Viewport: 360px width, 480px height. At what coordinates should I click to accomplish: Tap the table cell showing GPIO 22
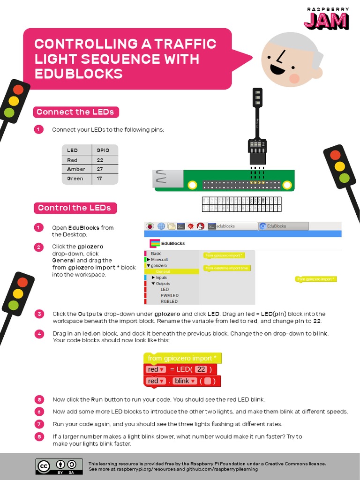(x=100, y=160)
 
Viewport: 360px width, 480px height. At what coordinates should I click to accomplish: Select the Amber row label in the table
(x=76, y=169)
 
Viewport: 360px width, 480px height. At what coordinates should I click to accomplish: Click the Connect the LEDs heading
(x=75, y=112)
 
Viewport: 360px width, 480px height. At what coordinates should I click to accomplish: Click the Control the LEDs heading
(x=75, y=208)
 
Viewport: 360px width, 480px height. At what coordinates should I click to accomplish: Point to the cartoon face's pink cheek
(x=294, y=78)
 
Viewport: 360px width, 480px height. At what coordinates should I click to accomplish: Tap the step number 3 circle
(x=39, y=314)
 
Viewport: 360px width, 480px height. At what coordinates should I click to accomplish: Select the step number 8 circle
(x=39, y=437)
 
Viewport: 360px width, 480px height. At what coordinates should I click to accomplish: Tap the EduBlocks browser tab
(x=283, y=226)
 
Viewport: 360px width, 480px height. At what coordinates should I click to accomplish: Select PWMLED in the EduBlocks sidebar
(x=169, y=295)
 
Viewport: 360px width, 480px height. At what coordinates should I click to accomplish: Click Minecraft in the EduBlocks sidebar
(x=159, y=259)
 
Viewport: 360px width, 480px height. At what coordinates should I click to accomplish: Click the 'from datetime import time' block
(x=226, y=268)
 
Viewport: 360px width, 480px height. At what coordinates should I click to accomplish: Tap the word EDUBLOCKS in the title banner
(x=78, y=74)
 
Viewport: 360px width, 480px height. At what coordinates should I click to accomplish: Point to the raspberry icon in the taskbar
(x=150, y=226)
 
